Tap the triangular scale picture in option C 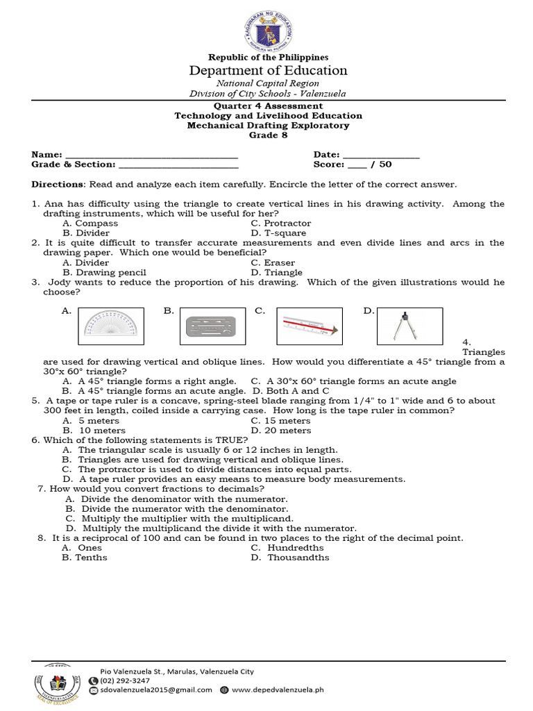click(x=309, y=326)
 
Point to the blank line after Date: click(x=381, y=155)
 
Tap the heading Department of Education click(x=268, y=71)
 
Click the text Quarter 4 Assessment click(x=268, y=106)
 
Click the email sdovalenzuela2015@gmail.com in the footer click(x=156, y=690)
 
